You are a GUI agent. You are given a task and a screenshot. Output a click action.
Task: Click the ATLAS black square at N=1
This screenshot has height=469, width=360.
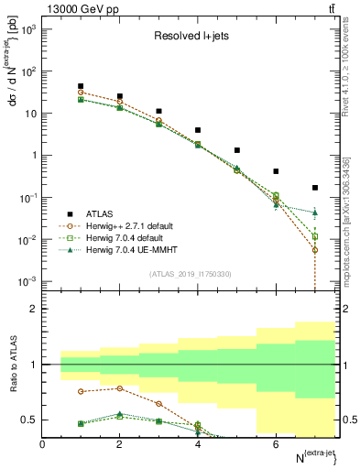(82, 86)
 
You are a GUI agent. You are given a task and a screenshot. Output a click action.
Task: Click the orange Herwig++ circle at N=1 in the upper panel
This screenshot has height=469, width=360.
(82, 93)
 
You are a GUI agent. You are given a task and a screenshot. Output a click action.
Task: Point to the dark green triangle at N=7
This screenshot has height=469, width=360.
(315, 213)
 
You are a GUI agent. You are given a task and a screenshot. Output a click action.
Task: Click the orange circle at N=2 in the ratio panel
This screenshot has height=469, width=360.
(120, 388)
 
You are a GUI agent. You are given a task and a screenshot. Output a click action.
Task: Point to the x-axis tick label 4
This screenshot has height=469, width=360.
(198, 445)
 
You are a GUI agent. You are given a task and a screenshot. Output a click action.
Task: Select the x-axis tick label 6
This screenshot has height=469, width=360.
(276, 445)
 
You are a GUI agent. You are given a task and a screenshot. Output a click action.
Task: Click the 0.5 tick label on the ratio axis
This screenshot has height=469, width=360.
(29, 420)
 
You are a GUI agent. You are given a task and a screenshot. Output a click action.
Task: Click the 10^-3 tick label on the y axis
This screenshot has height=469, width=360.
(27, 281)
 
